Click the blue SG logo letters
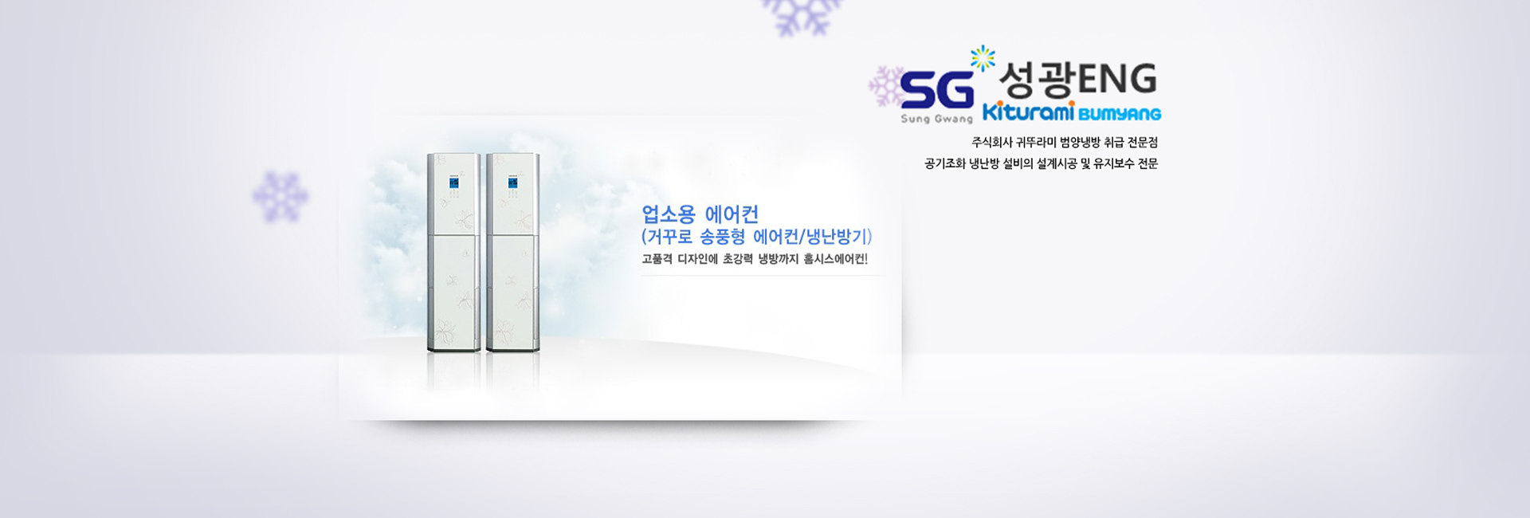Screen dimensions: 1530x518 point(937,89)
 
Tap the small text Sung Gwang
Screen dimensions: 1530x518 point(937,119)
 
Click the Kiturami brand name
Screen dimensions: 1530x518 point(1029,112)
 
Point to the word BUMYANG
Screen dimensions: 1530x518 point(1120,114)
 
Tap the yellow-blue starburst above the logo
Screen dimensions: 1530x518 point(983,57)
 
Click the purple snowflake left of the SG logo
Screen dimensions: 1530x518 point(885,86)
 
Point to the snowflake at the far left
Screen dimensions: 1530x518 point(280,196)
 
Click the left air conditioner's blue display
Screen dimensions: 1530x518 point(453,182)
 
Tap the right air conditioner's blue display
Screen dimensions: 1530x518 point(512,182)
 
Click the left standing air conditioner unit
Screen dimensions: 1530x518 point(453,253)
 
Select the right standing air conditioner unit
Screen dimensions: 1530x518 point(512,253)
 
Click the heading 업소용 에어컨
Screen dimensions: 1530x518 point(700,214)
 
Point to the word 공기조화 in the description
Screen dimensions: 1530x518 point(945,164)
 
